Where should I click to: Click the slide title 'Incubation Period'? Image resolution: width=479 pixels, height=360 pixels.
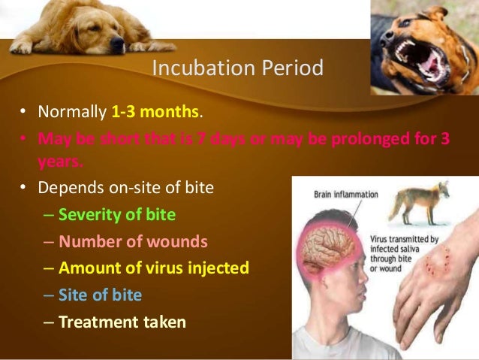pos(237,68)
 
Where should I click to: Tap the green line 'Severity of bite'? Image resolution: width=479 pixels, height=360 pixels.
pos(117,215)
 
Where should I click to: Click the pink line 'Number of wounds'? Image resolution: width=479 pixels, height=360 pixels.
pos(134,241)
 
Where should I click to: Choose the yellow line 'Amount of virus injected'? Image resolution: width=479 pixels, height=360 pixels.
pos(154,268)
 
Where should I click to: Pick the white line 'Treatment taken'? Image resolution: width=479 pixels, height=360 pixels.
pos(122,322)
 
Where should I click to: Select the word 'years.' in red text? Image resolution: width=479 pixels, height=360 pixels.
pos(60,160)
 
